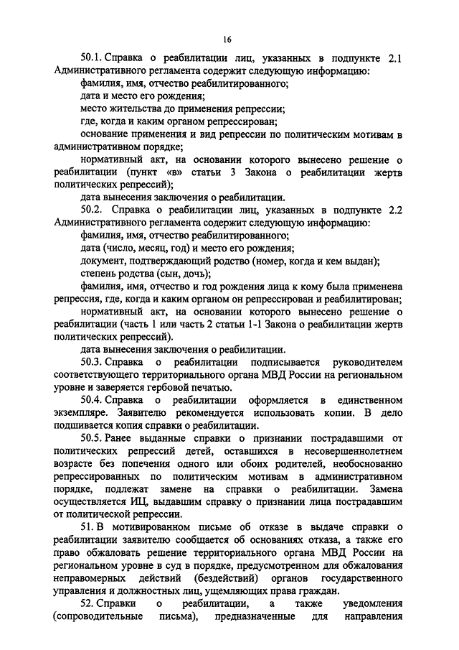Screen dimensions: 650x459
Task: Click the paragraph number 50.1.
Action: pos(93,58)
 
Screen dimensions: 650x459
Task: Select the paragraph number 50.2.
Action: pos(93,209)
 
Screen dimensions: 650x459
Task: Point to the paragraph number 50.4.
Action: pos(93,399)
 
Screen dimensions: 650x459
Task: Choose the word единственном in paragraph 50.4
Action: pos(371,399)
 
